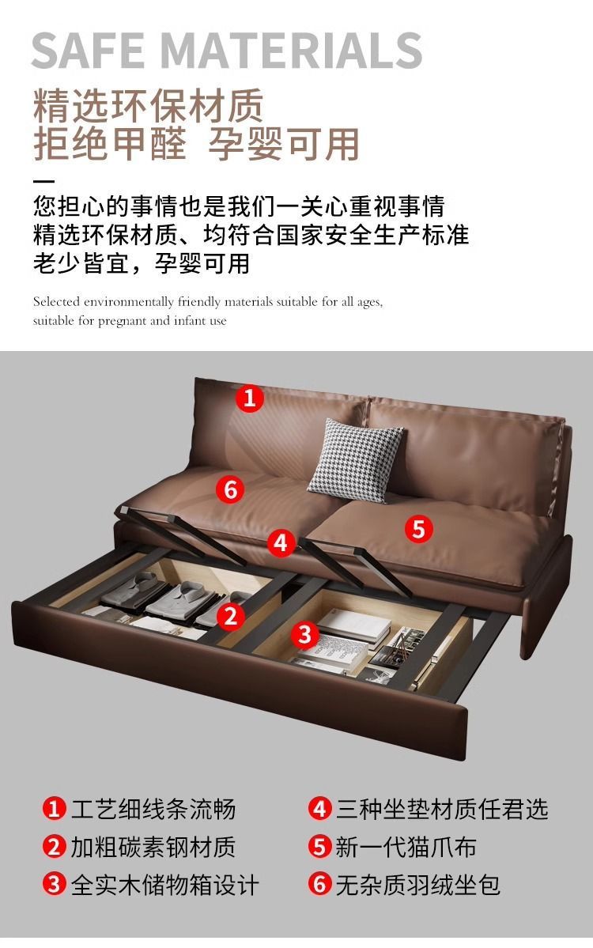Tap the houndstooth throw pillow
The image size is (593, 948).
pyautogui.click(x=356, y=460)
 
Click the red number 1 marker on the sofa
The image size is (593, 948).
pyautogui.click(x=250, y=398)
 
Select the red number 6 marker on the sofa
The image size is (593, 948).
pyautogui.click(x=230, y=489)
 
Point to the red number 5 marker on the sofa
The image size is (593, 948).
pyautogui.click(x=419, y=529)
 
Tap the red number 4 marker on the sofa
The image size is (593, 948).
pyautogui.click(x=281, y=543)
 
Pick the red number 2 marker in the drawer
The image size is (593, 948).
pyautogui.click(x=230, y=617)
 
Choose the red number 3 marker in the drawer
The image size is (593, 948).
pyautogui.click(x=305, y=635)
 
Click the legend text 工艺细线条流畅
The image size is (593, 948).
pyautogui.click(x=153, y=809)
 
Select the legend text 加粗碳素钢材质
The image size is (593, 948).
pyautogui.click(x=153, y=847)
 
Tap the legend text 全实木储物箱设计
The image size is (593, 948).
pyautogui.click(x=165, y=885)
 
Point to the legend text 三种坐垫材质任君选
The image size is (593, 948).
pyautogui.click(x=442, y=809)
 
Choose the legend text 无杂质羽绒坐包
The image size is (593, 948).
pyautogui.click(x=417, y=885)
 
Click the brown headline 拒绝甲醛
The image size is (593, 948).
pyautogui.click(x=109, y=145)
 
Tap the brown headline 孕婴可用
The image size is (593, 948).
pyautogui.click(x=284, y=145)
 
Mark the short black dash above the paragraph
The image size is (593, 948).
pyautogui.click(x=43, y=181)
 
